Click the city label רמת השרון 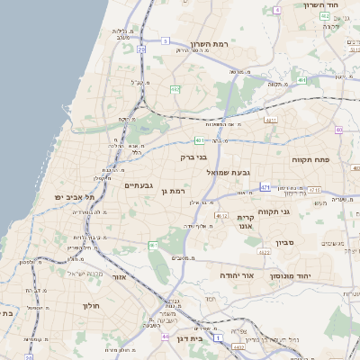click(213, 44)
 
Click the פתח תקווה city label click(310, 159)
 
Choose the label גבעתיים click(139, 185)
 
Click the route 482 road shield click(175, 89)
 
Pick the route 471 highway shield click(265, 186)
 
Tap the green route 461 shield click(154, 245)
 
